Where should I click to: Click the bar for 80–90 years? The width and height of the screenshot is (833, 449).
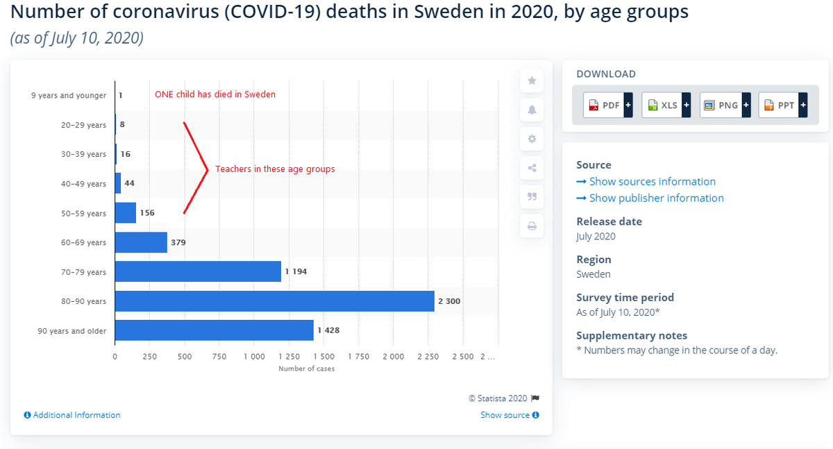pos(274,301)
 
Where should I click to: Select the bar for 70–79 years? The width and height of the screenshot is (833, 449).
pos(198,271)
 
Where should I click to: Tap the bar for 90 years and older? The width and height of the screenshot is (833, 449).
pos(214,331)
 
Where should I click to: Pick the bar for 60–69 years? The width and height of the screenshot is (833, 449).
pos(141,242)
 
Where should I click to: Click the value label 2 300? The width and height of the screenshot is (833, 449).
pos(449,301)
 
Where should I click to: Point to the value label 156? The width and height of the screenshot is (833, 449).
pos(147,213)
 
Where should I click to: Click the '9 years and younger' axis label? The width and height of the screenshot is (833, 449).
pos(69,95)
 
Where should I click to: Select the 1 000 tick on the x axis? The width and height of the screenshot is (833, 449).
pos(254,357)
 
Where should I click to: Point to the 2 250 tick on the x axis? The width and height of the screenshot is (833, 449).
pos(428,357)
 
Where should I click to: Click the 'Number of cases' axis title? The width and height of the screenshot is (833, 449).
pos(306,368)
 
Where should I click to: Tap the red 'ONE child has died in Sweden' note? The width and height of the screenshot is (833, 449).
pos(214,94)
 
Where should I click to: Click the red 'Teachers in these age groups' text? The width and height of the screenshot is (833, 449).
pos(275,169)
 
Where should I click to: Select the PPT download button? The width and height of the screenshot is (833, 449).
pos(783,105)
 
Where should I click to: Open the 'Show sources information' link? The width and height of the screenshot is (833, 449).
pos(652,182)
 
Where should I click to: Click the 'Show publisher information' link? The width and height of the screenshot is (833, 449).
pos(656,198)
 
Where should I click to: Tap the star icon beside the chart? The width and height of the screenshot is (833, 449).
pos(532,81)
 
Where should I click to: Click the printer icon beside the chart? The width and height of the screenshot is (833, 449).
pos(532,226)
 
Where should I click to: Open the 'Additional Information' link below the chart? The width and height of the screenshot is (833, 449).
pos(72,415)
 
